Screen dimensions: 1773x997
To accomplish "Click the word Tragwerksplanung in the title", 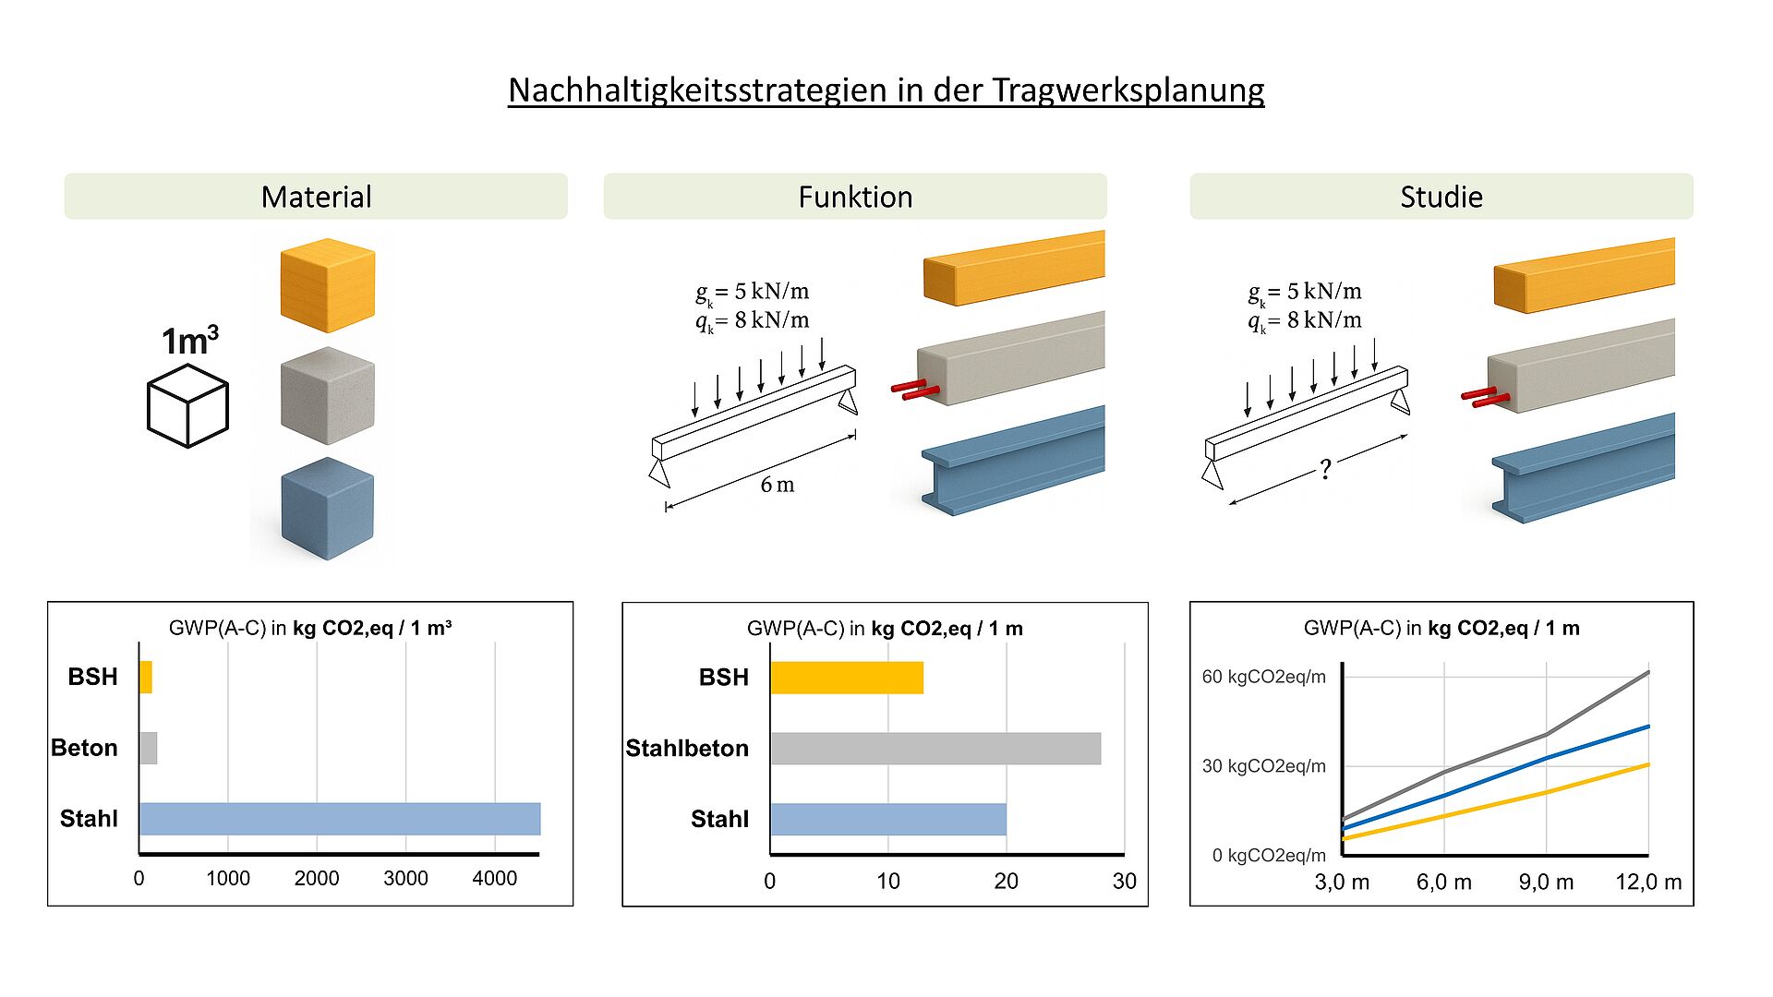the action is tap(1128, 90).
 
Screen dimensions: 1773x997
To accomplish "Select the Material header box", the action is tap(316, 196).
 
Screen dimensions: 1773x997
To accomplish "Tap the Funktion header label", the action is tap(855, 197).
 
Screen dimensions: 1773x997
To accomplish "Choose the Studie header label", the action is tap(1441, 197).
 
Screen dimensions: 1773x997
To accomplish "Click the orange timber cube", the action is tap(328, 285).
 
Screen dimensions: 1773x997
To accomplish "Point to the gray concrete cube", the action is tap(328, 396).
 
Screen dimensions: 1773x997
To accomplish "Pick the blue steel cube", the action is tap(328, 509).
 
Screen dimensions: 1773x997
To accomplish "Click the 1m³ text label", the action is tap(190, 341).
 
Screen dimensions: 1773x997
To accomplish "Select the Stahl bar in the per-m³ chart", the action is tap(340, 819).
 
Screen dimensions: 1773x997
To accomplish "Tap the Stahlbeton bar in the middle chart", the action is tap(935, 749).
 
